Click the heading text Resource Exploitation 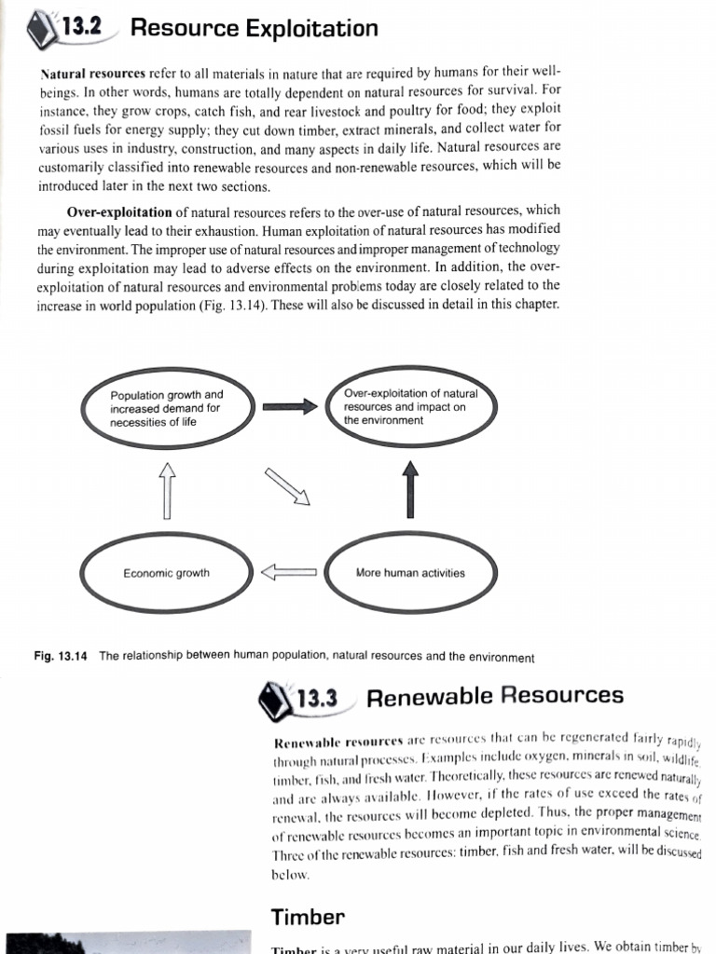(x=254, y=28)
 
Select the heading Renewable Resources (x=495, y=696)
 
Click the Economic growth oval (x=167, y=573)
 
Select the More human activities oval (x=410, y=573)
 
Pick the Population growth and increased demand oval (x=167, y=408)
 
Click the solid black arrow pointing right (x=284, y=406)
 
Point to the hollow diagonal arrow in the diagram (x=286, y=486)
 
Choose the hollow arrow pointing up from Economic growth (x=167, y=490)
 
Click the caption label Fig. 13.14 (x=60, y=657)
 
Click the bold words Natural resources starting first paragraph (x=93, y=72)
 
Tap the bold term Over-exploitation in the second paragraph (x=119, y=211)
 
